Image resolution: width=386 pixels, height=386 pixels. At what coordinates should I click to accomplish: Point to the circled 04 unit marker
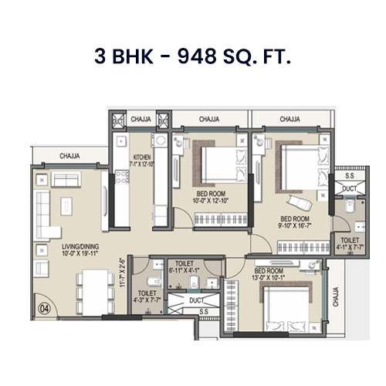pos(42,307)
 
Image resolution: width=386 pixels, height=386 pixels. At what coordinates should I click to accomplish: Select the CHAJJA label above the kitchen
pos(141,120)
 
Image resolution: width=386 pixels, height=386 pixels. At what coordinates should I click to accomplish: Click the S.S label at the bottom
pos(203,311)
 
